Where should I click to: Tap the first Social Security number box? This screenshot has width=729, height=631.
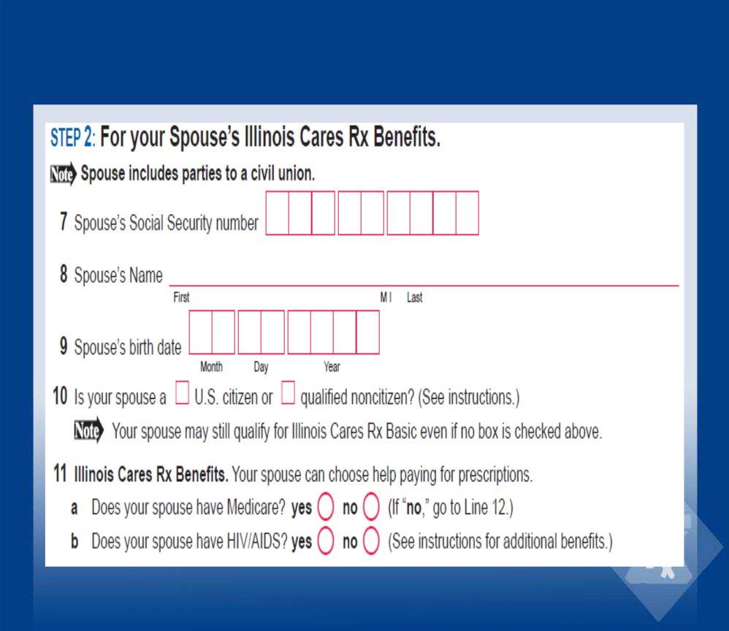(x=277, y=213)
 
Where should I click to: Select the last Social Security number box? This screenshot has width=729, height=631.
(x=467, y=213)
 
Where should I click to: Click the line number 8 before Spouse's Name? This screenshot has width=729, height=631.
(x=64, y=275)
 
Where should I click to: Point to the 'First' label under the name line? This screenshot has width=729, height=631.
(x=181, y=298)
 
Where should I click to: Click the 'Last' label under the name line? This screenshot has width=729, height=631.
(x=414, y=298)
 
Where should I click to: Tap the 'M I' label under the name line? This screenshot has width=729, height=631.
(x=386, y=298)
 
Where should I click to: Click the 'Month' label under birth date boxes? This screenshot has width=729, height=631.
(x=211, y=367)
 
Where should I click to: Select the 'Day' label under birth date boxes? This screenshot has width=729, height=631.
(x=261, y=367)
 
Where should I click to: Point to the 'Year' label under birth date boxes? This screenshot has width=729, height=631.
(x=332, y=367)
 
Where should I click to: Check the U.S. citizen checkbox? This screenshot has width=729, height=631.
(x=182, y=395)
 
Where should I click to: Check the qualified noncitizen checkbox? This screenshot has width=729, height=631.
(x=288, y=395)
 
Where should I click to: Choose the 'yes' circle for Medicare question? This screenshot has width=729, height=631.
(x=326, y=507)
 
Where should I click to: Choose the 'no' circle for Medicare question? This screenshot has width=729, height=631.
(x=371, y=507)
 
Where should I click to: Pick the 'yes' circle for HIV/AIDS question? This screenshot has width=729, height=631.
(x=326, y=542)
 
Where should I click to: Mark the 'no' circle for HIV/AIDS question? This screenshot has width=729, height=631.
(x=371, y=542)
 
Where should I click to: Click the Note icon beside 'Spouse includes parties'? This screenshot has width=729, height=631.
(x=63, y=175)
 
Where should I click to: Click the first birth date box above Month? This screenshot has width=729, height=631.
(x=201, y=332)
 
